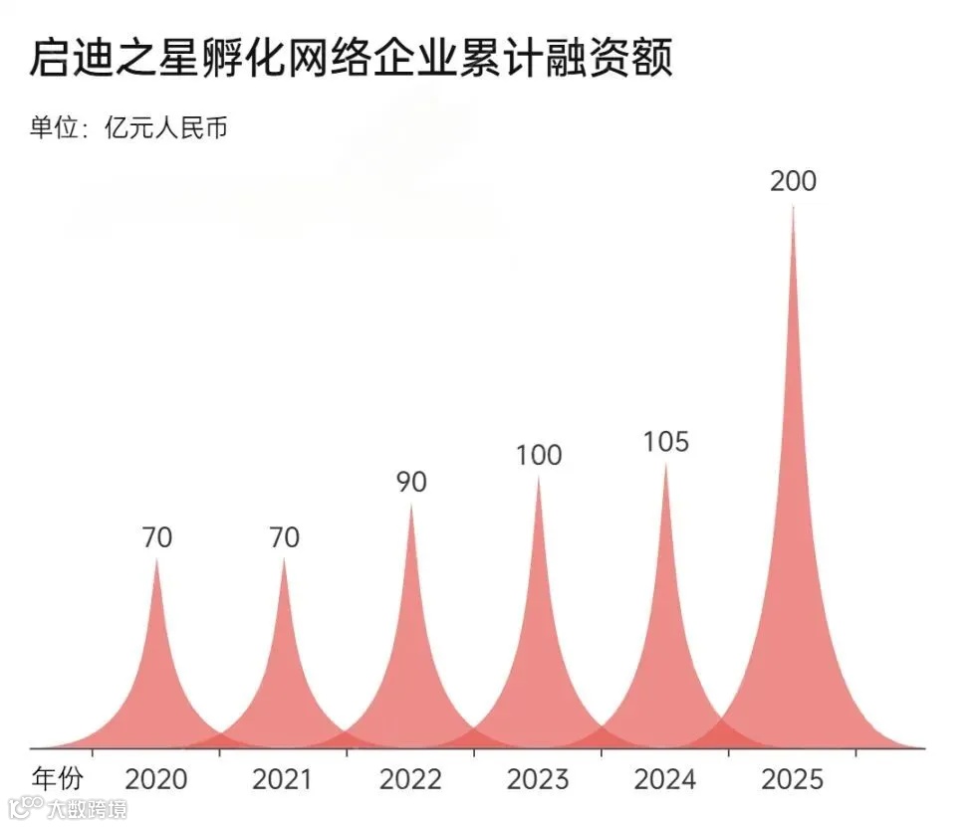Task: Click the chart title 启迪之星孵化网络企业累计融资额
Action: (352, 59)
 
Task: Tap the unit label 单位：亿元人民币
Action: (128, 128)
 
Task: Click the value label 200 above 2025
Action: (793, 181)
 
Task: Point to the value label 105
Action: (665, 441)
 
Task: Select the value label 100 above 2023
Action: (539, 455)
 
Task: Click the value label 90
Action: (411, 482)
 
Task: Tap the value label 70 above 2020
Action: (157, 537)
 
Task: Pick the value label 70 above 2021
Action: (284, 537)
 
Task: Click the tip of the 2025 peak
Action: (793, 208)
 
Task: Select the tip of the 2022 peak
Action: (411, 507)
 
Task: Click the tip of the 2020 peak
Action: (157, 561)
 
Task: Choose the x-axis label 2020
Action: (157, 778)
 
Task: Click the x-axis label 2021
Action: (284, 778)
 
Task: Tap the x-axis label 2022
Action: (411, 778)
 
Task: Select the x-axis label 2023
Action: (539, 778)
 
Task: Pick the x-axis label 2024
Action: (665, 778)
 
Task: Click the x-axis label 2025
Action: (793, 778)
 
